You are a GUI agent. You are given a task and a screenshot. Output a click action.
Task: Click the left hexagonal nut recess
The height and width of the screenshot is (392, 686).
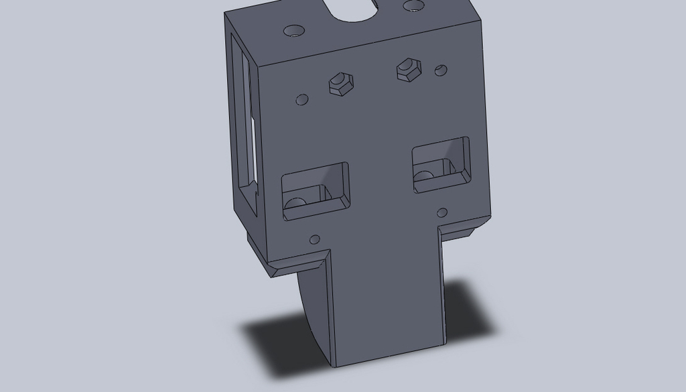pos(340,84)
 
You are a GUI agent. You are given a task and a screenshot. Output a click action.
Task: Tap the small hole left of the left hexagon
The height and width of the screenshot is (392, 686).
pos(302,100)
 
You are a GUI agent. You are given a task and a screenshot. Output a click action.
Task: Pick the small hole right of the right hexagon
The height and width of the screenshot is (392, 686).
pos(441,70)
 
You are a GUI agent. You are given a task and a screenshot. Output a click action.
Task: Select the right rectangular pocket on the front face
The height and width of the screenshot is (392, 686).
pos(441,164)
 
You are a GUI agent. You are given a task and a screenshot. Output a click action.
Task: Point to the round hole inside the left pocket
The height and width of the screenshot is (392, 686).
pos(295,203)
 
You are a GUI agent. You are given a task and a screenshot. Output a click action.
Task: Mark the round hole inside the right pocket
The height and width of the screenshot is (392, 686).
pos(423,177)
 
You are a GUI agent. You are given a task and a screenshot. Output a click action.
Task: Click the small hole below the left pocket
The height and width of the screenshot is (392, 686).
pos(314,239)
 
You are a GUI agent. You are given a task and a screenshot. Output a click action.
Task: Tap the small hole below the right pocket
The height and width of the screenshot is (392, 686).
pos(442,213)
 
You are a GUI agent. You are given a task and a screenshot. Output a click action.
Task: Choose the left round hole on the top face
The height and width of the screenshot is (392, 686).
pos(294,31)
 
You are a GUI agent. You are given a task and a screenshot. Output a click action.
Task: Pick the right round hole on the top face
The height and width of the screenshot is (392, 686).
pos(413,7)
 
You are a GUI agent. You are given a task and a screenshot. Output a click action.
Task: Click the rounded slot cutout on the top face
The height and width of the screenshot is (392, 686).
pos(354,9)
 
